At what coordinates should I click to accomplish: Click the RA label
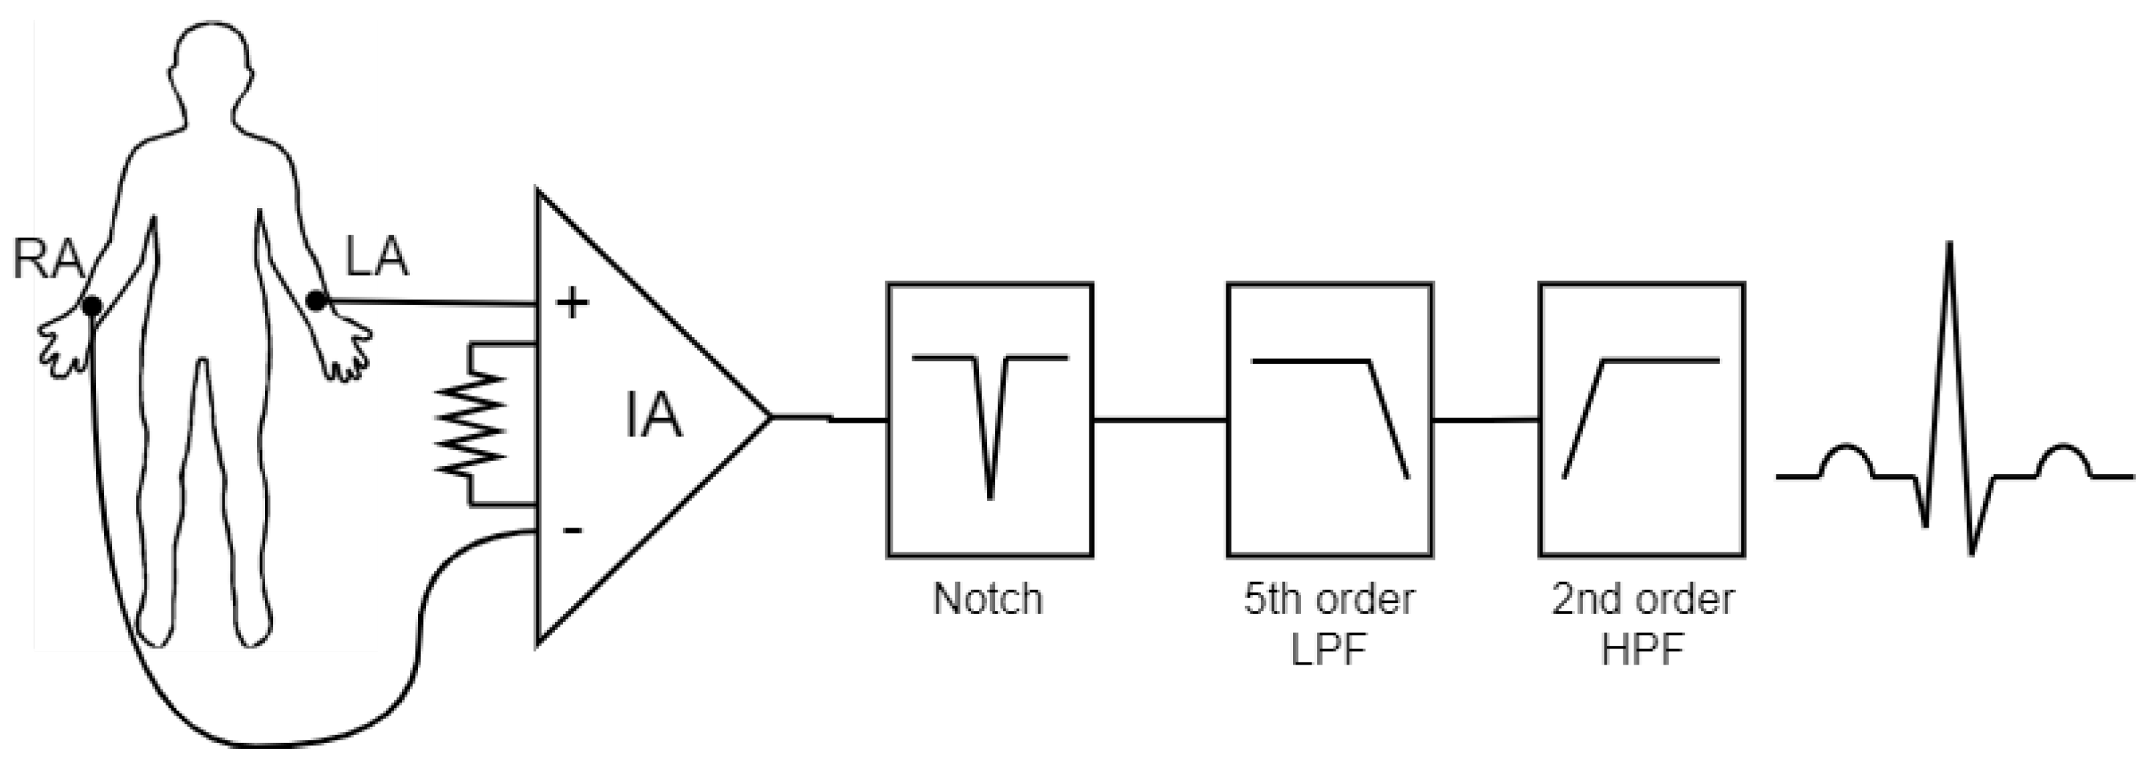[x=48, y=259]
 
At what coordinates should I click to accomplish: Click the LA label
[x=377, y=257]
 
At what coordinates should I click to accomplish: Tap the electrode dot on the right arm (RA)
[x=92, y=306]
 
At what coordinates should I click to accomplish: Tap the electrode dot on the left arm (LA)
[x=316, y=300]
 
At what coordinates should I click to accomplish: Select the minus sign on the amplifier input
[x=573, y=530]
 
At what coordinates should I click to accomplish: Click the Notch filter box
[x=989, y=420]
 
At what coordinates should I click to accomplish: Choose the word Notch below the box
[x=988, y=599]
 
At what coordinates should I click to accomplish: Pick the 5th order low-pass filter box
[x=1329, y=420]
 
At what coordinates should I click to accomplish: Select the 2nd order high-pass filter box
[x=1641, y=420]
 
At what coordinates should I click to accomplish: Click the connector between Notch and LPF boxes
[x=1160, y=420]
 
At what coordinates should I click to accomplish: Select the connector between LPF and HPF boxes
[x=1486, y=420]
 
